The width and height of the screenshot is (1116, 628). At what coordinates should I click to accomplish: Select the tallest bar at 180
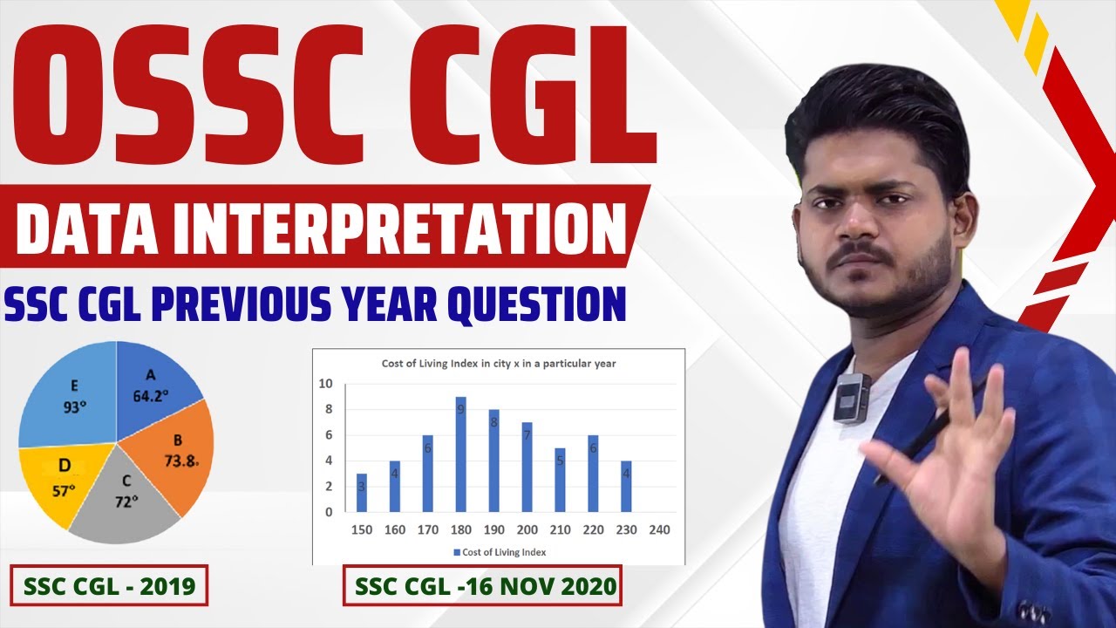point(460,454)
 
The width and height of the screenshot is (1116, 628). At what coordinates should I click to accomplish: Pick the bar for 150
point(362,493)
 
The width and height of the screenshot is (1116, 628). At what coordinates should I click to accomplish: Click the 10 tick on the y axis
point(326,384)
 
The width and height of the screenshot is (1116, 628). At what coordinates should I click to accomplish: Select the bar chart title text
point(499,364)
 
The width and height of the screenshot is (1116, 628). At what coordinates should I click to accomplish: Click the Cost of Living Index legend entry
point(498,552)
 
